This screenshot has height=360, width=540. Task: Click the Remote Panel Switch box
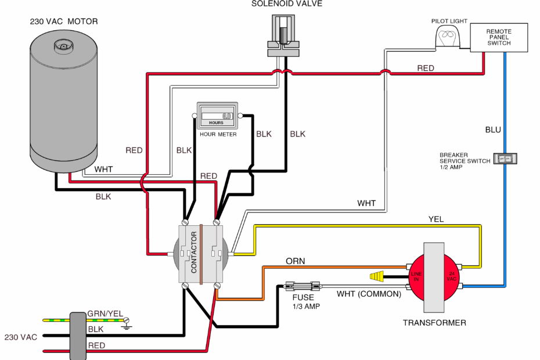[x=498, y=38]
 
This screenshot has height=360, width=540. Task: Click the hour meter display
[x=216, y=116]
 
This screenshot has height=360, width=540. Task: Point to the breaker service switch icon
[x=505, y=158]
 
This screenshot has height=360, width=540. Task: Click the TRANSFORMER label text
[x=434, y=323]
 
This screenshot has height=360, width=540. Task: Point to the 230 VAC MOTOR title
[x=64, y=21]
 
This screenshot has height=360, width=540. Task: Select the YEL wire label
[x=435, y=219]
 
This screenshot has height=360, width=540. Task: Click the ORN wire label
[x=296, y=261]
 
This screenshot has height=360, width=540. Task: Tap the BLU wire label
[x=492, y=130]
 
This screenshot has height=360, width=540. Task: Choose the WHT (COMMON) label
[x=369, y=294]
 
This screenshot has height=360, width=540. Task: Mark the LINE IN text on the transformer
[x=415, y=276]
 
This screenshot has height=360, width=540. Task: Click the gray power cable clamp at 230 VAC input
[x=77, y=336]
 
